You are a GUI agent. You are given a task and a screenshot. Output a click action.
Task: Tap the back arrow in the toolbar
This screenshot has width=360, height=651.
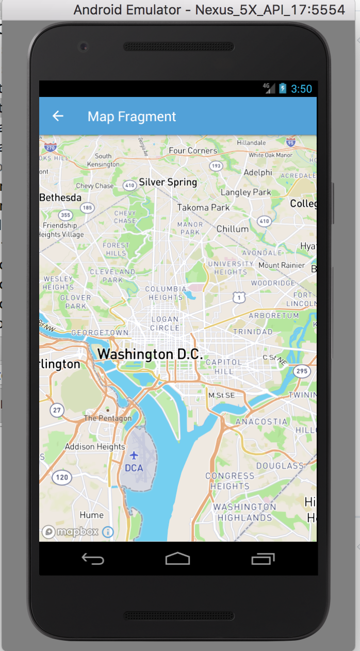click(58, 116)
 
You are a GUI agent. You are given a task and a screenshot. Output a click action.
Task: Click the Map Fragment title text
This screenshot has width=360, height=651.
click(132, 117)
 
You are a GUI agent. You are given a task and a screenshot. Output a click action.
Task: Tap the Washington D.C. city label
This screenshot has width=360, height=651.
click(150, 354)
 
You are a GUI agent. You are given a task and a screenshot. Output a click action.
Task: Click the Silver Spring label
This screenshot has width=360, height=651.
click(168, 182)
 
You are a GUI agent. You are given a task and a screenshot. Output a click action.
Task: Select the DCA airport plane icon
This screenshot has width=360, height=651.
click(134, 455)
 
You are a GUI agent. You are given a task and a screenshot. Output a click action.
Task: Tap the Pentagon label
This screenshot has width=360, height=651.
click(108, 418)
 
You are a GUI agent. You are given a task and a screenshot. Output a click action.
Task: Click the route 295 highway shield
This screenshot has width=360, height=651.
click(301, 371)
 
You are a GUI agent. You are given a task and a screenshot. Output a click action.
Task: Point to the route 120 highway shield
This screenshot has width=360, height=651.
click(62, 477)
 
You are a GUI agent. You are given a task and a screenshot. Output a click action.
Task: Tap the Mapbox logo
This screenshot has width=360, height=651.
click(70, 532)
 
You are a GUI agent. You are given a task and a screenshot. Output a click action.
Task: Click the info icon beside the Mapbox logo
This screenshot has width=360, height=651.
click(108, 532)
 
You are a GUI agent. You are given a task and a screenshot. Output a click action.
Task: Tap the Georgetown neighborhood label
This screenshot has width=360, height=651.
click(100, 333)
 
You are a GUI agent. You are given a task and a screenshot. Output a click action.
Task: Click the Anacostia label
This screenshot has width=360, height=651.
click(261, 421)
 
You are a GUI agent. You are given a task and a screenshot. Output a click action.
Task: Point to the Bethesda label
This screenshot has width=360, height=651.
click(60, 198)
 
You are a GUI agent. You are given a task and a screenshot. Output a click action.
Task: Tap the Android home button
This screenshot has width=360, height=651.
click(178, 559)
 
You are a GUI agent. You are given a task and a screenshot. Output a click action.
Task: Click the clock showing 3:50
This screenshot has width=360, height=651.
click(301, 89)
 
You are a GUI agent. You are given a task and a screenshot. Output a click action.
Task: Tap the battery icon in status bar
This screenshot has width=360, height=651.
click(283, 88)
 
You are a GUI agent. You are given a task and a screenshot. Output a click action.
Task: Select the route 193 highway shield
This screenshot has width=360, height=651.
click(216, 166)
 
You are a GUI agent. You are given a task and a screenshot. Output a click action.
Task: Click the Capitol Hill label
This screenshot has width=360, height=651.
click(223, 367)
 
